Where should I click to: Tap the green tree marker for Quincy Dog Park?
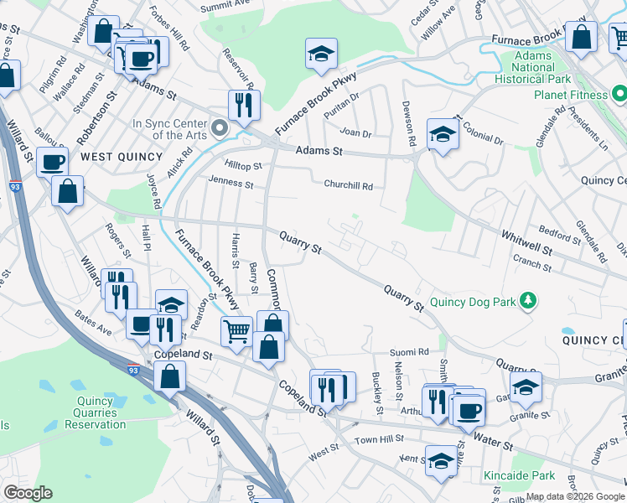pos(527,300)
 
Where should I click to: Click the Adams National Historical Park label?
pos(546,66)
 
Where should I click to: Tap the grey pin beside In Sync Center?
pos(220,128)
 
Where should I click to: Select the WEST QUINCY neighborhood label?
pos(110,157)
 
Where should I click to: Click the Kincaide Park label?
pos(519,475)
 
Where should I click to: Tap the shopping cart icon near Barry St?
pos(237,330)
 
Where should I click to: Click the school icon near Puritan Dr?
pos(320,54)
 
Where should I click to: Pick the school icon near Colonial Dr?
pos(442,133)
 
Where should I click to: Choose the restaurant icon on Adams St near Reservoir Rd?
pos(244,105)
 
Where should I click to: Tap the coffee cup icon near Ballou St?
pos(53,161)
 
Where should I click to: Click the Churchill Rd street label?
pos(348,186)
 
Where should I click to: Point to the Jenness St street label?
pos(231,182)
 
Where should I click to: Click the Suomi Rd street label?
pos(411,352)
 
